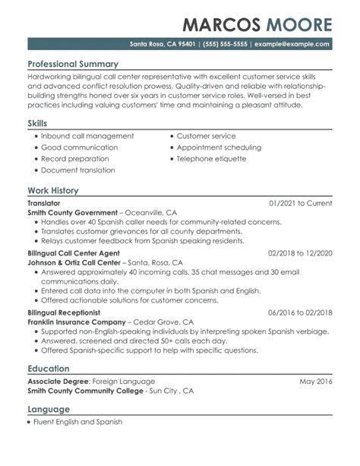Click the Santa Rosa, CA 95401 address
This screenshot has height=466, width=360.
coord(162,43)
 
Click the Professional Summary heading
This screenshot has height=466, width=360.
coord(72,64)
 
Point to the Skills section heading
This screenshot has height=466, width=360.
coord(37,122)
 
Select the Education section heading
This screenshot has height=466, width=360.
coord(49,368)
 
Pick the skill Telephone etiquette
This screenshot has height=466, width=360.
coord(211,159)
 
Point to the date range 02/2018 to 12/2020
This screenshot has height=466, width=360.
coord(300,252)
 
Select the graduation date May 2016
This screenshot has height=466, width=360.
coord(315,381)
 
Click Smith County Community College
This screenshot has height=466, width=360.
coord(85,391)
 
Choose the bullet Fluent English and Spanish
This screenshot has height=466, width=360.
coord(81,421)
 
